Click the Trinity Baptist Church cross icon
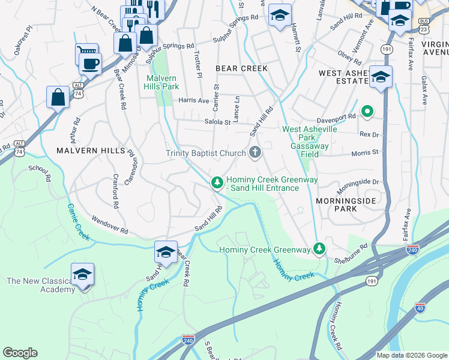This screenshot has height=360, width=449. coord(255,153)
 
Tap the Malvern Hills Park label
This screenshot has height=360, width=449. coord(161,82)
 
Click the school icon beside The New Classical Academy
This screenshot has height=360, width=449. coord(82,274)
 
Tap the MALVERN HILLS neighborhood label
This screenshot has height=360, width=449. coord(91,150)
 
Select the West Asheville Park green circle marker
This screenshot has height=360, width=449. coord(366,111)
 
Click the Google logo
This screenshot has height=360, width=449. coord(20,353)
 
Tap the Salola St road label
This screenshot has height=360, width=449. coord(219,122)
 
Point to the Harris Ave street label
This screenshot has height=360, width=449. coord(193,100)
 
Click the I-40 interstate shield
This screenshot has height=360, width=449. coord(420,309)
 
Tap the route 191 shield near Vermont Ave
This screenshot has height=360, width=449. coord(387,49)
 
